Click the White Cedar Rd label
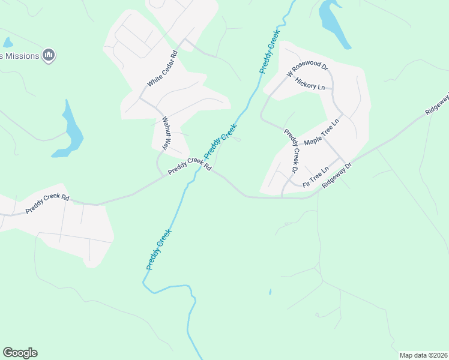tap(163, 70)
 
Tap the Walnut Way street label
tap(166, 133)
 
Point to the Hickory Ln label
tap(310, 86)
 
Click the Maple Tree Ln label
tap(322, 132)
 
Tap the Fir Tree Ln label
tap(316, 178)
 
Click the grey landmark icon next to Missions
tap(49, 56)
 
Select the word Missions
tap(23, 56)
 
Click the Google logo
tap(20, 353)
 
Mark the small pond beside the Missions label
tap(7, 43)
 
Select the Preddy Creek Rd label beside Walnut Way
tap(190, 166)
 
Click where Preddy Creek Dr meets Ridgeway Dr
tap(282, 196)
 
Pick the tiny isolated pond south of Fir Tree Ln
tap(270, 292)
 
